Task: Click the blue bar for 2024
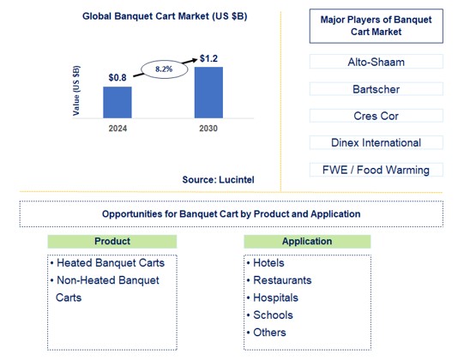point(118,101)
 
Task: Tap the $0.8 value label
point(118,78)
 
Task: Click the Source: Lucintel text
point(218,180)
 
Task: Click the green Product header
point(111,243)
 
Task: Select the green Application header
point(308,243)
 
